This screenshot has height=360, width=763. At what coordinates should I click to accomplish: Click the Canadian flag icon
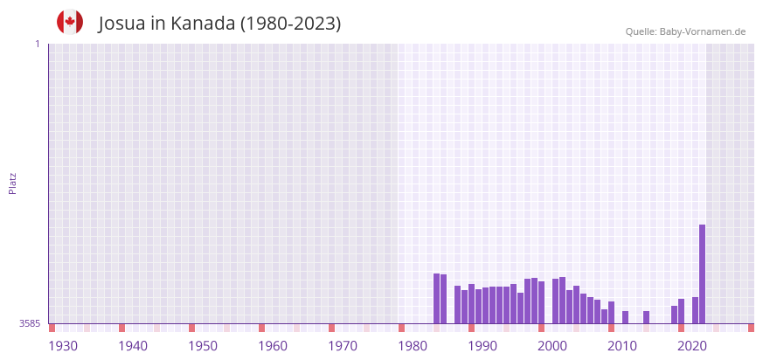70,22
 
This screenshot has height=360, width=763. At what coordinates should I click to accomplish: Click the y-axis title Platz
12,183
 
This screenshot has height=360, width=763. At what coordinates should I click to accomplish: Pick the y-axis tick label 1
37,44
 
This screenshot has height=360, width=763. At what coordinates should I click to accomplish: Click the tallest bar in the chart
702,273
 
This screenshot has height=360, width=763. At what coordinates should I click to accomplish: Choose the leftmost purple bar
436,298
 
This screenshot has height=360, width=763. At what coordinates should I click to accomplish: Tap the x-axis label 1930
63,346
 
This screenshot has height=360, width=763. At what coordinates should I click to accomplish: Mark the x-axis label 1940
133,346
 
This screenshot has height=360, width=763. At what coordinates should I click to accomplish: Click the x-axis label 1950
203,346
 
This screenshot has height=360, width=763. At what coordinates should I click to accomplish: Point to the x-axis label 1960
273,346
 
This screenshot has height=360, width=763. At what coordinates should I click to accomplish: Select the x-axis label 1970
343,346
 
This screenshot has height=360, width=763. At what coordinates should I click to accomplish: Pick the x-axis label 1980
413,346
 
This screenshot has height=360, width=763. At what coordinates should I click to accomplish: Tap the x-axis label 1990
482,346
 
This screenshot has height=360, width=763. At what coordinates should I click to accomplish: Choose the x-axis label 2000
552,346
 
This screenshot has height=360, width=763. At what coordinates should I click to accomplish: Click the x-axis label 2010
622,346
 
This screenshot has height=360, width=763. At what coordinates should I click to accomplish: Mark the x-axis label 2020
692,346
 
